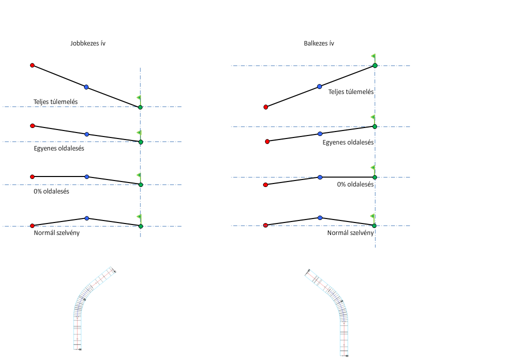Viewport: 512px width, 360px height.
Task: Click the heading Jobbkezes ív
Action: [87, 43]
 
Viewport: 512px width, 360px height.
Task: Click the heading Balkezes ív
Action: [319, 43]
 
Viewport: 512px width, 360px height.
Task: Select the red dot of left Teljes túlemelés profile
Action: [32, 65]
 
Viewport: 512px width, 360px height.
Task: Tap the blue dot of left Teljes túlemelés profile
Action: [86, 87]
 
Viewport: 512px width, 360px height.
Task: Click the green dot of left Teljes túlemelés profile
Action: [140, 107]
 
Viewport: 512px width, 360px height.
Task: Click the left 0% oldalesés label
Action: [51, 191]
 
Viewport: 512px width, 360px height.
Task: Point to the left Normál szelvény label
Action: [56, 232]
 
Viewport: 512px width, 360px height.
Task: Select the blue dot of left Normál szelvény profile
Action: [86, 218]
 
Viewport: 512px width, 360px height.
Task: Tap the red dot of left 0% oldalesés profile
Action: [32, 176]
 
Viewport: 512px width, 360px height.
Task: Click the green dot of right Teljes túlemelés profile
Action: [374, 65]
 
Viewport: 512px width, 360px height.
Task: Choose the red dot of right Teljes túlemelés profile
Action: [265, 107]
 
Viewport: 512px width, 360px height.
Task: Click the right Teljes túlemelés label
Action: [351, 92]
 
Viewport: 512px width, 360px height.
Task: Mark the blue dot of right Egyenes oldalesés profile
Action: [320, 133]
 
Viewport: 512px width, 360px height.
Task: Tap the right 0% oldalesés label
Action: [355, 184]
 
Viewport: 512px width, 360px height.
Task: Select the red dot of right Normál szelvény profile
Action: [265, 225]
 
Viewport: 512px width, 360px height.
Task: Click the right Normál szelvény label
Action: [350, 232]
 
